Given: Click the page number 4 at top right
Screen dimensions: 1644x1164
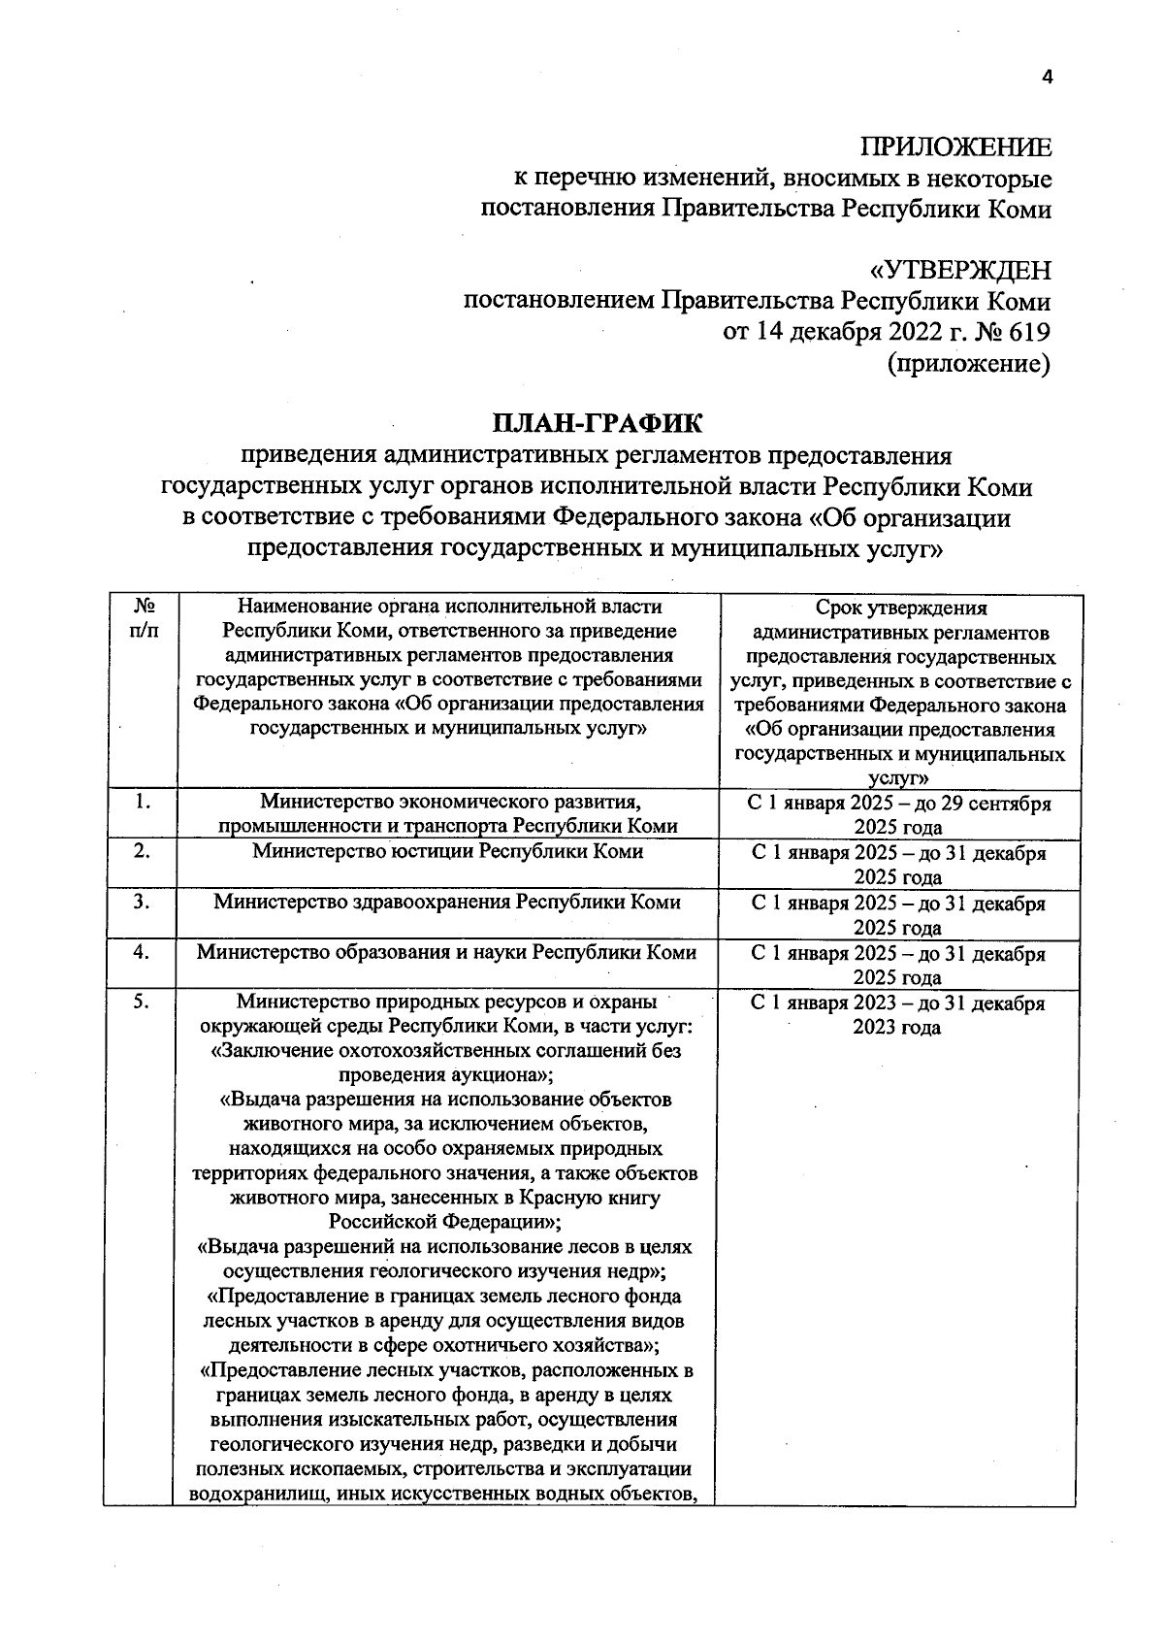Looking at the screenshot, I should pyautogui.click(x=1046, y=79).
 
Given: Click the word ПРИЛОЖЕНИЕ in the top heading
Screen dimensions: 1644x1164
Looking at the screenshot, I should pyautogui.click(x=955, y=148).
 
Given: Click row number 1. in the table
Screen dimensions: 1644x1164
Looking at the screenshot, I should pyautogui.click(x=143, y=802).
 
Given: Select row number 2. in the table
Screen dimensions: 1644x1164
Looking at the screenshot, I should pyautogui.click(x=143, y=851).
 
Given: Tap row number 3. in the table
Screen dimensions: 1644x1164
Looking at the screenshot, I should pyautogui.click(x=143, y=902).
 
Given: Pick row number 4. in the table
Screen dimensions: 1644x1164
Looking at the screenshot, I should pyautogui.click(x=143, y=952).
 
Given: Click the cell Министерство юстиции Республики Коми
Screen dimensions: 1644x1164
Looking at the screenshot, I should pyautogui.click(x=447, y=851).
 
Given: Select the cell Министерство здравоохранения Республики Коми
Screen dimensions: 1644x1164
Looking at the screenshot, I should pyautogui.click(x=447, y=902).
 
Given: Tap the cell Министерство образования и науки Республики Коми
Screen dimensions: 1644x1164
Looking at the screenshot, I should pyautogui.click(x=447, y=952).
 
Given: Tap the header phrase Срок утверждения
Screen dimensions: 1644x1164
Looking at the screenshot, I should pyautogui.click(x=901, y=608).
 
